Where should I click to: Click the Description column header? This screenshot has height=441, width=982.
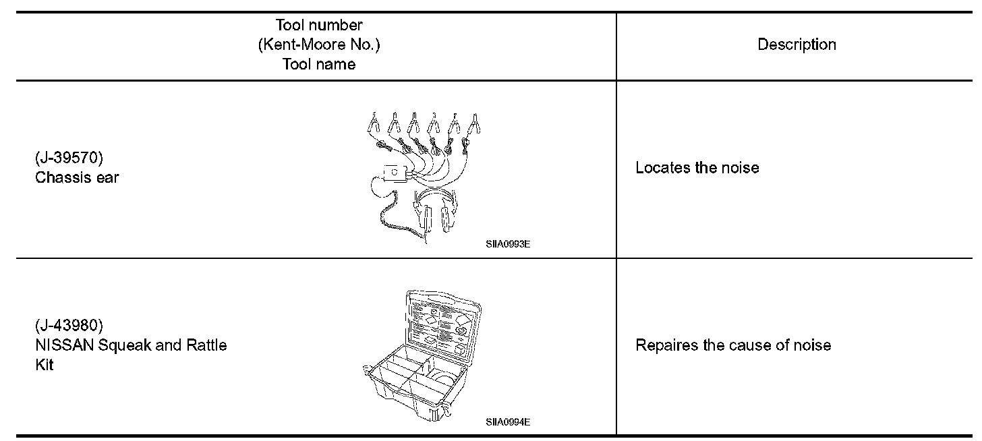coord(797,45)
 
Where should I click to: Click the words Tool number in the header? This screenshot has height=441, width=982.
coord(319,26)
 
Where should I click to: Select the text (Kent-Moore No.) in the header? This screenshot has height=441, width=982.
coord(319,45)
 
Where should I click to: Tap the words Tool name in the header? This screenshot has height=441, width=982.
coord(319,65)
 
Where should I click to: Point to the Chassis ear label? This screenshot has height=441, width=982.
coord(76,178)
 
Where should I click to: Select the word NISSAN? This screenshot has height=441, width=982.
coord(62,346)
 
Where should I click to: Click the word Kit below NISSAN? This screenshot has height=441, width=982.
coord(45,365)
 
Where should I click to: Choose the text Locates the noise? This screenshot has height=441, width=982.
coord(697,168)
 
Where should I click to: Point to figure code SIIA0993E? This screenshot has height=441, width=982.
coord(507,245)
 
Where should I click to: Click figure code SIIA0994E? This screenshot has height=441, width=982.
coord(507,423)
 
